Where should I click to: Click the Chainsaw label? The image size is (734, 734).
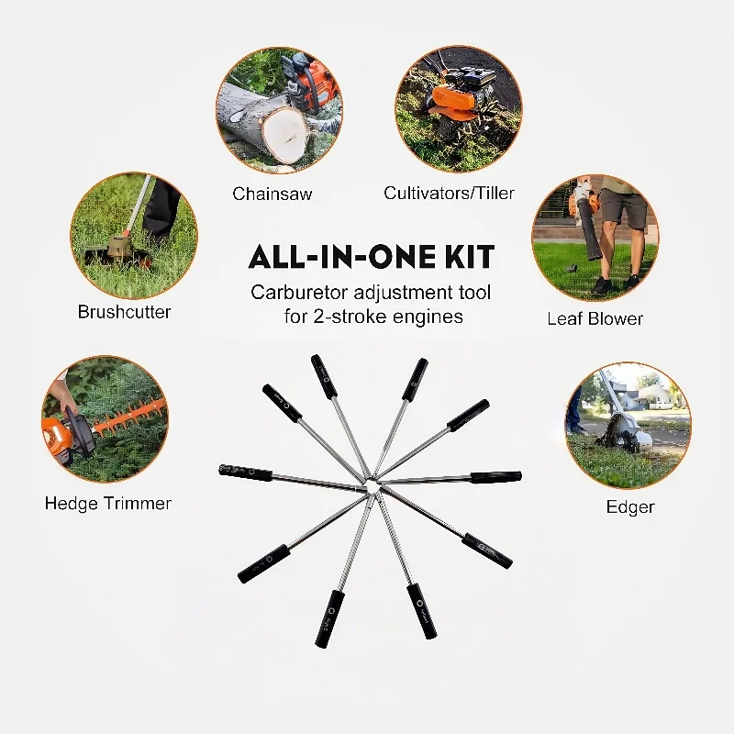tap(272, 194)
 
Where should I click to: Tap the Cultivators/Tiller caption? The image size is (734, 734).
tap(449, 193)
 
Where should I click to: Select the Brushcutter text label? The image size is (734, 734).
tap(124, 312)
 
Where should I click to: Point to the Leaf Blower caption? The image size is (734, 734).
tap(595, 318)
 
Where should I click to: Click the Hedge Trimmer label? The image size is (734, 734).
tap(108, 503)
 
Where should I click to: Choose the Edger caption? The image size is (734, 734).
tap(630, 506)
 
